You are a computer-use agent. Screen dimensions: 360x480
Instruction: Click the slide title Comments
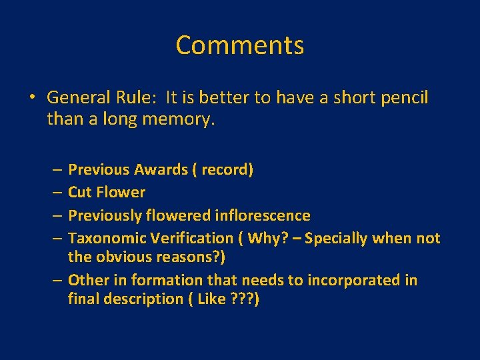pos(240,45)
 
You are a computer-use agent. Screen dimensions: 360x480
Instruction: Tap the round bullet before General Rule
pos(32,98)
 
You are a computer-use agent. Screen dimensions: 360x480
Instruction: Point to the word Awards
pos(161,170)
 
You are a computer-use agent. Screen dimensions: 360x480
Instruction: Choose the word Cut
pos(80,193)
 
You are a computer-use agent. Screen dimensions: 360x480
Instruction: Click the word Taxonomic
pos(107,238)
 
